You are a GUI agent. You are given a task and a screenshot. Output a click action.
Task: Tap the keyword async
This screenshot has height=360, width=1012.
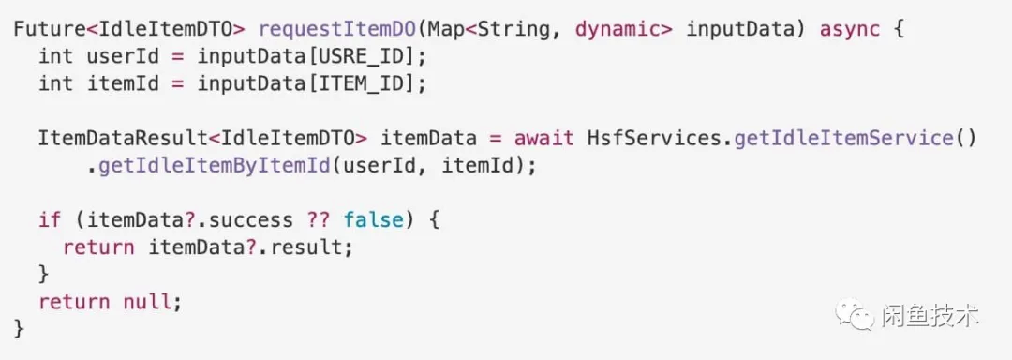pos(850,28)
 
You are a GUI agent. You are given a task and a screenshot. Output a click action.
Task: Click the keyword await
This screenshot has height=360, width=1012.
pos(543,139)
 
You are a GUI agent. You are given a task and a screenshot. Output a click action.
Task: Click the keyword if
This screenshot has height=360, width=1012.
pos(50,220)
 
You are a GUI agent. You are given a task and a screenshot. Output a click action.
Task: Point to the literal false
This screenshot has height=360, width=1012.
pos(374,220)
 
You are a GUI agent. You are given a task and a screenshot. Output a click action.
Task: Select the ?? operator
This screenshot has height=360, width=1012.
pos(319,220)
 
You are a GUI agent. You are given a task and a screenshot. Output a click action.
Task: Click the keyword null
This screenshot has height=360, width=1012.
pos(148,303)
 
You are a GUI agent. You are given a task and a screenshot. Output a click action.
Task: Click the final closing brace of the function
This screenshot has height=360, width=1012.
pos(20,329)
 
